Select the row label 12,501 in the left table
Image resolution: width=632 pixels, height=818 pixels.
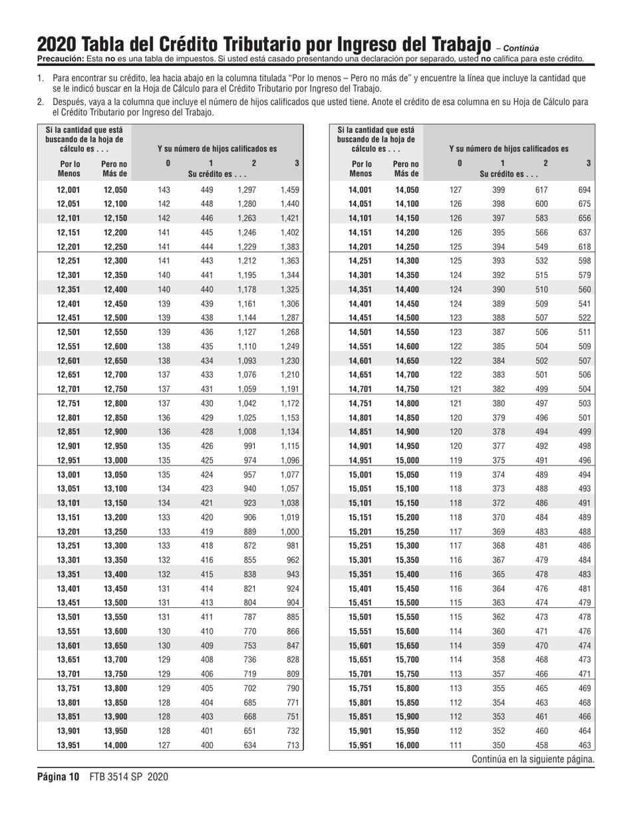coord(69,330)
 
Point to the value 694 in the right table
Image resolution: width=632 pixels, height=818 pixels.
coord(584,190)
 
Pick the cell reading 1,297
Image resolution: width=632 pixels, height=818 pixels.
coord(246,190)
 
